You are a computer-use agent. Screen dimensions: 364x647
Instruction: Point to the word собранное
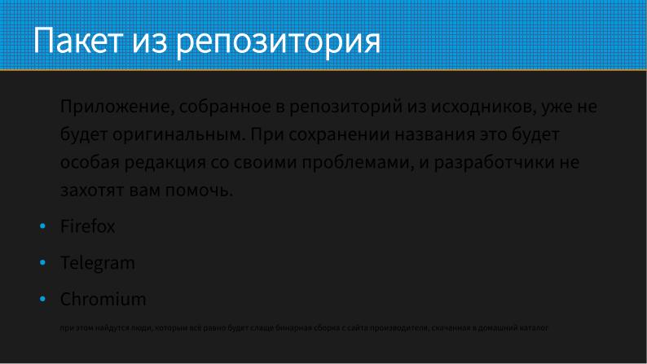click(x=221, y=107)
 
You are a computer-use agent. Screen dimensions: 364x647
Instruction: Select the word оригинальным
click(x=172, y=134)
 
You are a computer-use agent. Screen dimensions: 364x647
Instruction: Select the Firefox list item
click(x=88, y=226)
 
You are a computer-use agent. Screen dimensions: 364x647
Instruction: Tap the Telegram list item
click(x=98, y=263)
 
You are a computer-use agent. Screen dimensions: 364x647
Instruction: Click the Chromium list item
click(x=103, y=299)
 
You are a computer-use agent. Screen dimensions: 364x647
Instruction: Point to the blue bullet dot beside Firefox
click(x=42, y=227)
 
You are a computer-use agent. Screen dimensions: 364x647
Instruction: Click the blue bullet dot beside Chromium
click(x=42, y=300)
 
